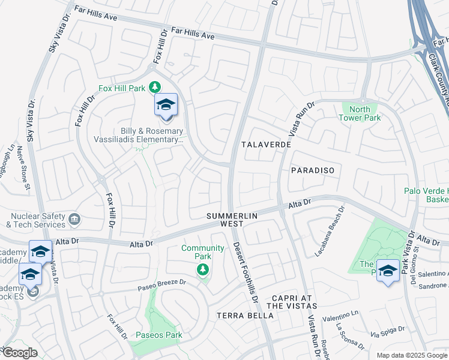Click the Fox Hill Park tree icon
(155, 88)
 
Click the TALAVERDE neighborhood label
(266, 145)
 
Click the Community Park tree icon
(203, 270)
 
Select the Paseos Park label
(159, 335)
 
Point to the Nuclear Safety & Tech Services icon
(74, 218)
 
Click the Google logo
(19, 353)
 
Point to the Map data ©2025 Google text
(412, 355)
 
